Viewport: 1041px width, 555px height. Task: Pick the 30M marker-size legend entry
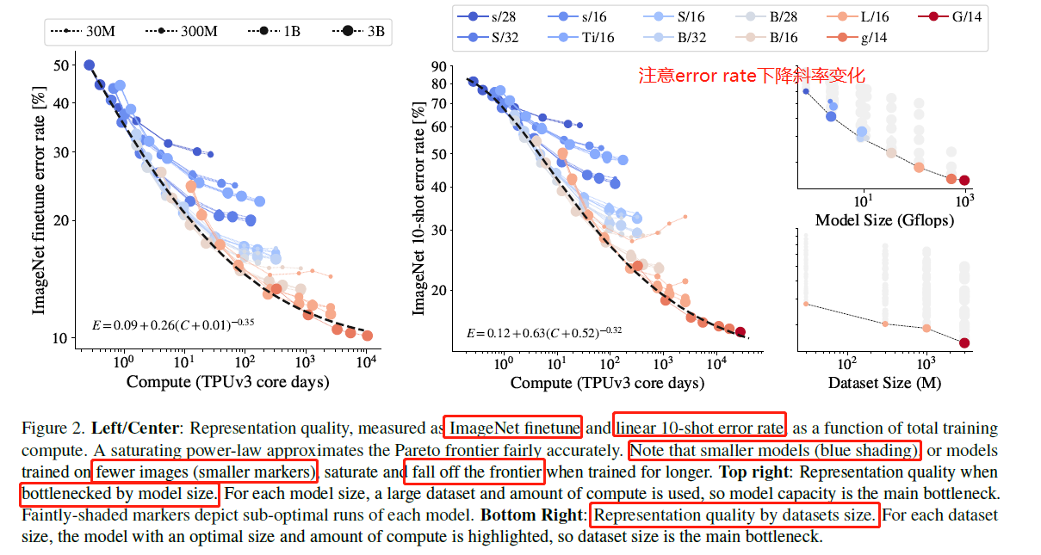point(81,32)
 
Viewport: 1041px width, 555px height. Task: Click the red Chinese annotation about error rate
point(751,76)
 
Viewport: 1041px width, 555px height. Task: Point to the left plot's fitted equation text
point(172,325)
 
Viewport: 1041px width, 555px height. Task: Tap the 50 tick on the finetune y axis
point(61,65)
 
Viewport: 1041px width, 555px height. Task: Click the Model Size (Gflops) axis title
point(884,220)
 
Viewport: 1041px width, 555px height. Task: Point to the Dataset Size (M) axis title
point(884,381)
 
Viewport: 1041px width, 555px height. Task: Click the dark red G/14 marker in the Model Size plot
point(964,181)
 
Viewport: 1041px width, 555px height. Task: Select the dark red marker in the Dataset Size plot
point(964,342)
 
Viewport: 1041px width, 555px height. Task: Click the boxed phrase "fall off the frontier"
point(474,472)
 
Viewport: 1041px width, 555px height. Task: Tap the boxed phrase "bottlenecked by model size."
point(119,494)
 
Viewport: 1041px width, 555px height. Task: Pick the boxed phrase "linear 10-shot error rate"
point(698,427)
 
